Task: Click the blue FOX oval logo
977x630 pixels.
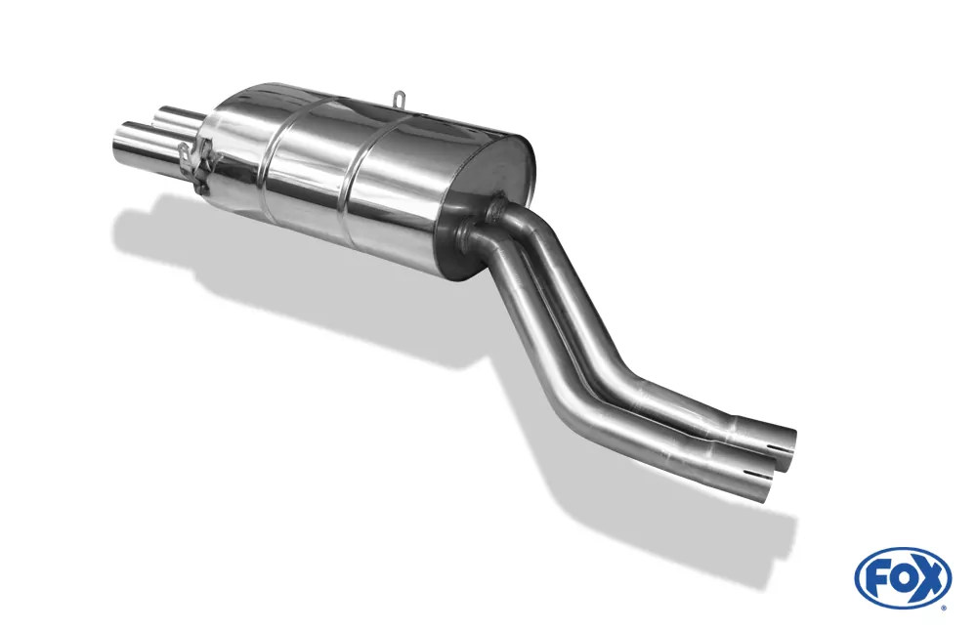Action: point(903,575)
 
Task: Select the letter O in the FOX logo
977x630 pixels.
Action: point(902,577)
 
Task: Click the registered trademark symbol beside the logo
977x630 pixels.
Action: point(945,606)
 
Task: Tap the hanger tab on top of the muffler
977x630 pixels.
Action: point(400,99)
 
